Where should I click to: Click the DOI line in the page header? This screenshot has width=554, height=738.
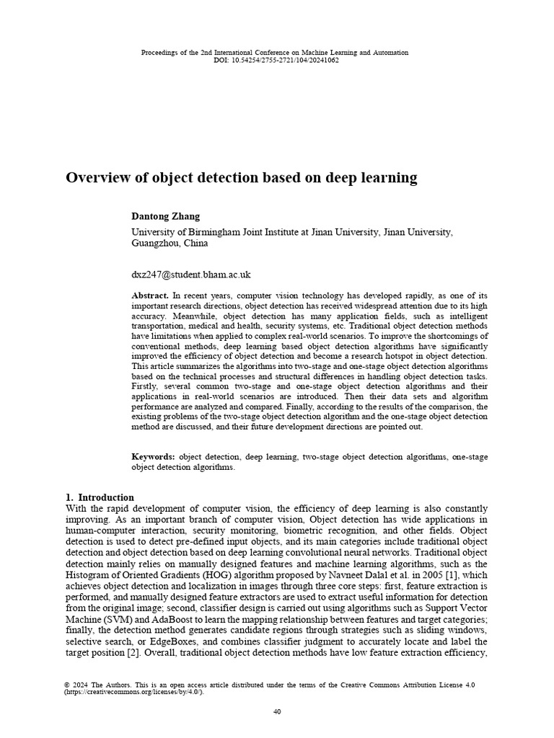coord(276,61)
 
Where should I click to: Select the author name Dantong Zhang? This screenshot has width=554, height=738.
coord(165,216)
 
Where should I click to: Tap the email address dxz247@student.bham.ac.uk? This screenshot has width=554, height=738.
coord(190,275)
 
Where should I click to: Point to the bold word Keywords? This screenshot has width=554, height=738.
coord(153,457)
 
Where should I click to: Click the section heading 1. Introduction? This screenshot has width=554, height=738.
coord(100,497)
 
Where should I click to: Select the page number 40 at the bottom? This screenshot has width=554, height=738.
coord(277,712)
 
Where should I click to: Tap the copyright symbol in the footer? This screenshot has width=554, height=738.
coord(67,685)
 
